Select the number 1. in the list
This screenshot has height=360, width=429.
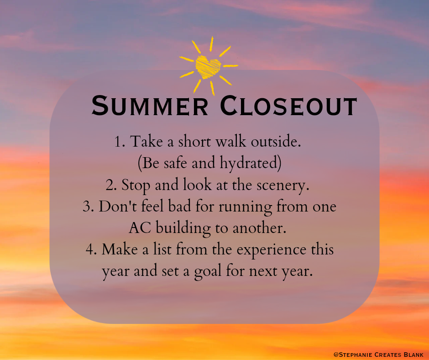120,142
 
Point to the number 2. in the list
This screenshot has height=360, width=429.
111,185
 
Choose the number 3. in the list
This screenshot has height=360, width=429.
89,206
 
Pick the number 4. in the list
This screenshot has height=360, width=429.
91,250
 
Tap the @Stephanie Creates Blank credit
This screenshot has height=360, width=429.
378,354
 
